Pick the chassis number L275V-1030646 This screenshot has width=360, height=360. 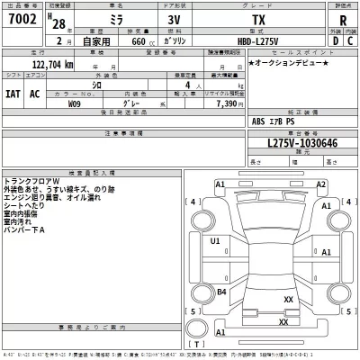click(289, 143)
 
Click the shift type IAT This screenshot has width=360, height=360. click(12, 91)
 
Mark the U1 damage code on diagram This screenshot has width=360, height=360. click(215, 241)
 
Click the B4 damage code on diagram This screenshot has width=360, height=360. click(221, 291)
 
